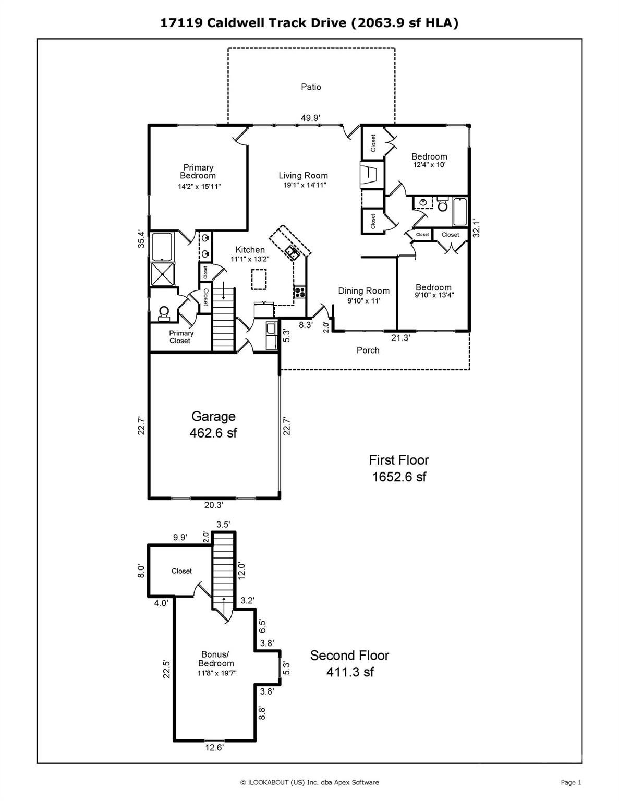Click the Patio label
tap(311, 87)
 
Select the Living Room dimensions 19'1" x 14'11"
tap(305, 185)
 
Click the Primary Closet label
tap(181, 337)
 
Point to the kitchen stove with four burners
tap(299, 292)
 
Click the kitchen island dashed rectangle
tap(259, 280)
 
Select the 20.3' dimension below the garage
tap(214, 505)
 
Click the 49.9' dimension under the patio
tap(311, 118)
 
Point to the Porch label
tap(368, 350)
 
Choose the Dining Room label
tap(363, 291)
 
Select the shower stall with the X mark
tap(163, 273)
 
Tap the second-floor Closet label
tap(181, 571)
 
